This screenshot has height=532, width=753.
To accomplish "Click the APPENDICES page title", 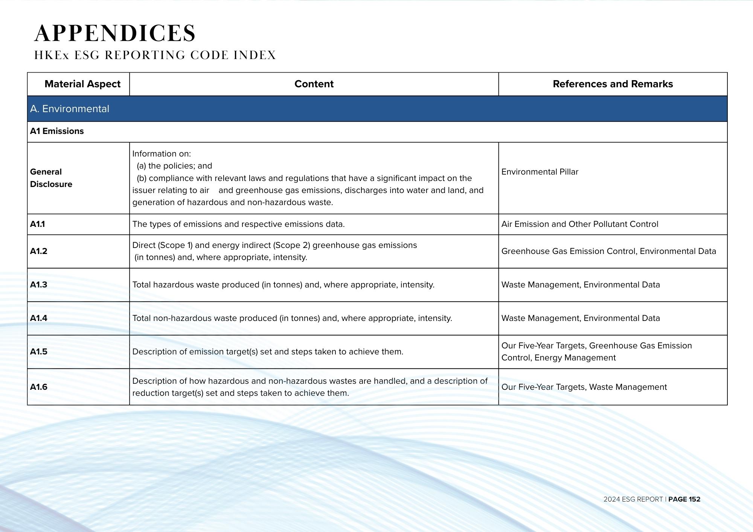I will [x=115, y=33].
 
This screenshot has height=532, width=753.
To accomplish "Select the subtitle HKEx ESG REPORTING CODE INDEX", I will [x=155, y=55].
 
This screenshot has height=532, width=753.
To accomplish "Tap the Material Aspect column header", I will [x=82, y=84].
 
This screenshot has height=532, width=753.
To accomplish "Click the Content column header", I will [x=314, y=84].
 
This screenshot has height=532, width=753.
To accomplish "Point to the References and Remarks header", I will [x=613, y=84].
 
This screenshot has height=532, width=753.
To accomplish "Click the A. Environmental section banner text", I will [x=70, y=109].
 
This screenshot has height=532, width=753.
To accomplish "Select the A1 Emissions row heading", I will [x=57, y=131].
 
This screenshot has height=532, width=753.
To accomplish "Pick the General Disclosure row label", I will [x=51, y=178].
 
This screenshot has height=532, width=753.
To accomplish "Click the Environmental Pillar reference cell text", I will [x=540, y=172].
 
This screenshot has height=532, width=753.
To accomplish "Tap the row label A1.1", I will [x=38, y=224].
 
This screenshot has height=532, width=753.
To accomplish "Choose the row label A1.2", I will [x=39, y=251].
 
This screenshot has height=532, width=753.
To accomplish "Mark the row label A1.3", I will [x=39, y=284].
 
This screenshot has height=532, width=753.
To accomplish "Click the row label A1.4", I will [x=39, y=318].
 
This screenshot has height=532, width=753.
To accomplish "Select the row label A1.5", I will [x=39, y=351].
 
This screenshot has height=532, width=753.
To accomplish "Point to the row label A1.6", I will [x=39, y=387].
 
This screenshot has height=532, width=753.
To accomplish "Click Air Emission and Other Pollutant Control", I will [x=580, y=224].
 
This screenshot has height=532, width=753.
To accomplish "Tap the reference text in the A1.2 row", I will [x=608, y=251].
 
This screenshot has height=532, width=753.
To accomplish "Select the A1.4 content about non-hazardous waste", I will [x=292, y=318].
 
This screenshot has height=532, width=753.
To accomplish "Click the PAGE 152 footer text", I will [x=684, y=499].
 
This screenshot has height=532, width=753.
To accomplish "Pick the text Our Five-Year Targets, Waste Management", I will [x=584, y=387].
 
